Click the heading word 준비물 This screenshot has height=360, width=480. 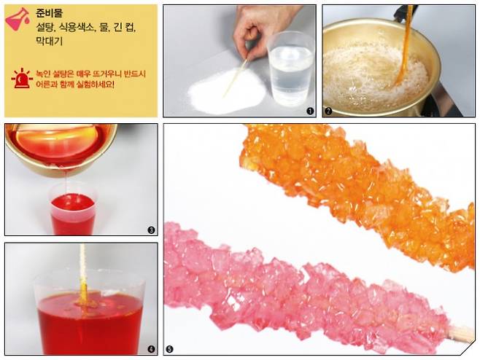pyautogui.click(x=49, y=13)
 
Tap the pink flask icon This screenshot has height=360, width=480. pyautogui.click(x=18, y=19)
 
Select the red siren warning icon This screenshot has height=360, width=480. pyautogui.click(x=22, y=79)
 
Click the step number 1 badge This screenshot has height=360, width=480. pyautogui.click(x=310, y=111)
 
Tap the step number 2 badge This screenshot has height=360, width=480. pyautogui.click(x=328, y=111)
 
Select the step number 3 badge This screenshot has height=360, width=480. pyautogui.click(x=151, y=230)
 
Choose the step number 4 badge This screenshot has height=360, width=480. pyautogui.click(x=151, y=349)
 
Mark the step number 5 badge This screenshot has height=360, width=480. pyautogui.click(x=169, y=349)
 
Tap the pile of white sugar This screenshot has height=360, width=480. pyautogui.click(x=227, y=90)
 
